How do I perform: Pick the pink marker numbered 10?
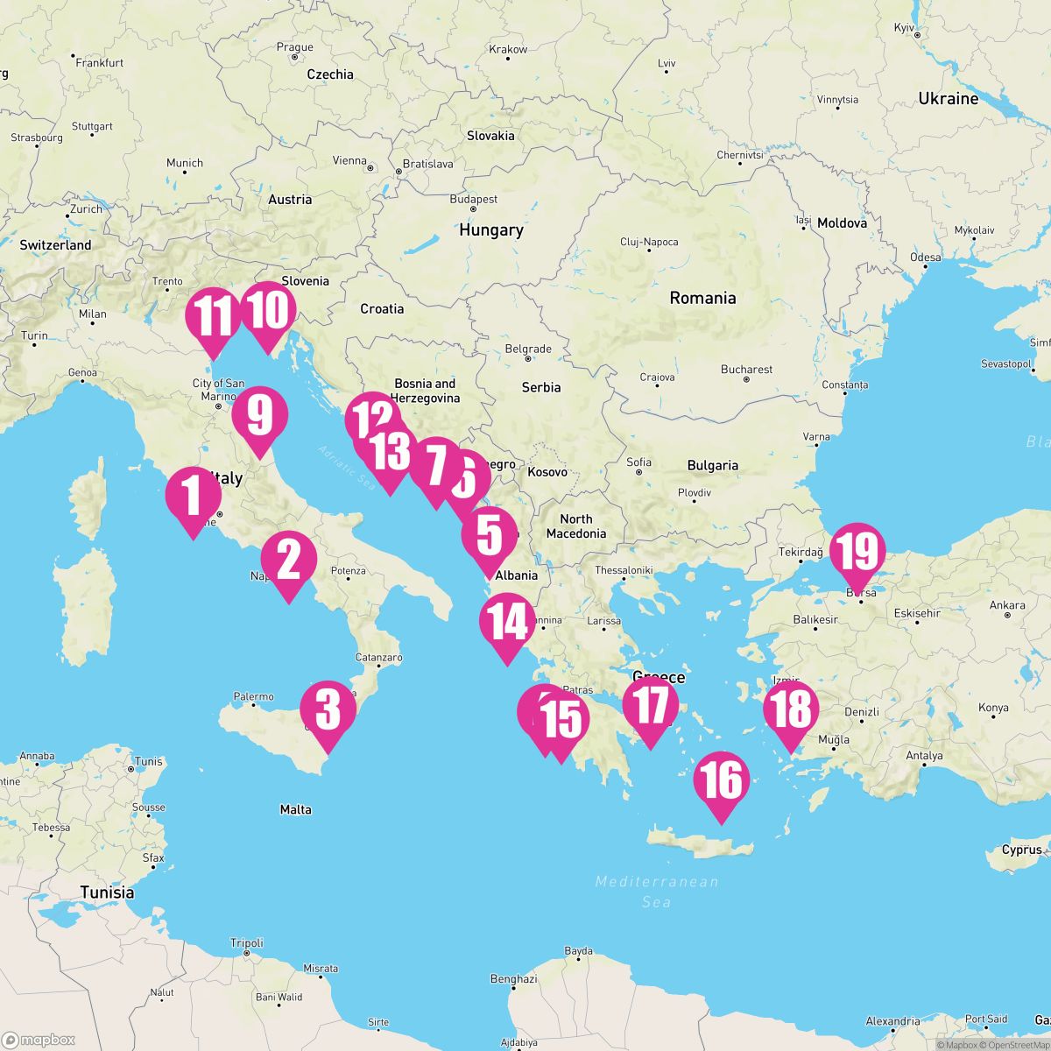coord(268,310)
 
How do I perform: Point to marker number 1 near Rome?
coord(193,495)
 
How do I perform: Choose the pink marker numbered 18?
coord(791,709)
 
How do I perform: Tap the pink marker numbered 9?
coord(259,414)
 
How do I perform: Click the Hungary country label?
coord(490,230)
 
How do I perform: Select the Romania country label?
coord(702,298)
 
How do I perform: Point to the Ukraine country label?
coord(948,99)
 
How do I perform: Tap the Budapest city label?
coord(473,200)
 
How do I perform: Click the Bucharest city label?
coord(746,370)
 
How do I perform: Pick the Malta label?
coord(295,809)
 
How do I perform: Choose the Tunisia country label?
coord(107,892)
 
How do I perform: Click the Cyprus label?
coord(1022,850)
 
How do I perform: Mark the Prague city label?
coord(294,48)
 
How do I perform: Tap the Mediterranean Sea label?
coord(656,891)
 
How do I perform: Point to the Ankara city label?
coord(1006,605)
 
